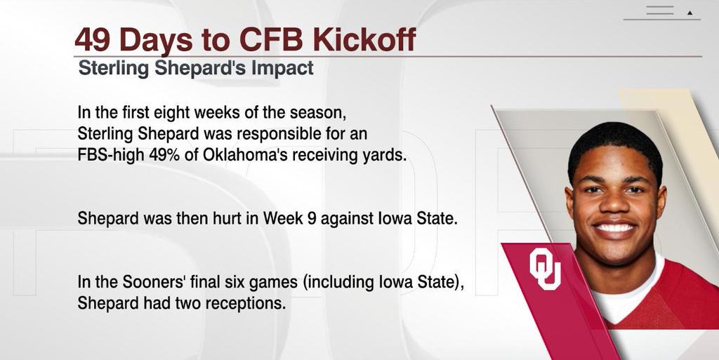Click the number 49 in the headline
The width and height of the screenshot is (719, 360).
(x=93, y=40)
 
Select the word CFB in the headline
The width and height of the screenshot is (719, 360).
(x=272, y=40)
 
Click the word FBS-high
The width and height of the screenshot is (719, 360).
(x=111, y=155)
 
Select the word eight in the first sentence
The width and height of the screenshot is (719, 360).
(x=166, y=113)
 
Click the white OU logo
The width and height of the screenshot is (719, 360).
(x=545, y=269)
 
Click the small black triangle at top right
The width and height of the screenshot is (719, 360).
(x=690, y=13)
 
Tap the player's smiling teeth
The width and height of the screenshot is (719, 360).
(x=615, y=228)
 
